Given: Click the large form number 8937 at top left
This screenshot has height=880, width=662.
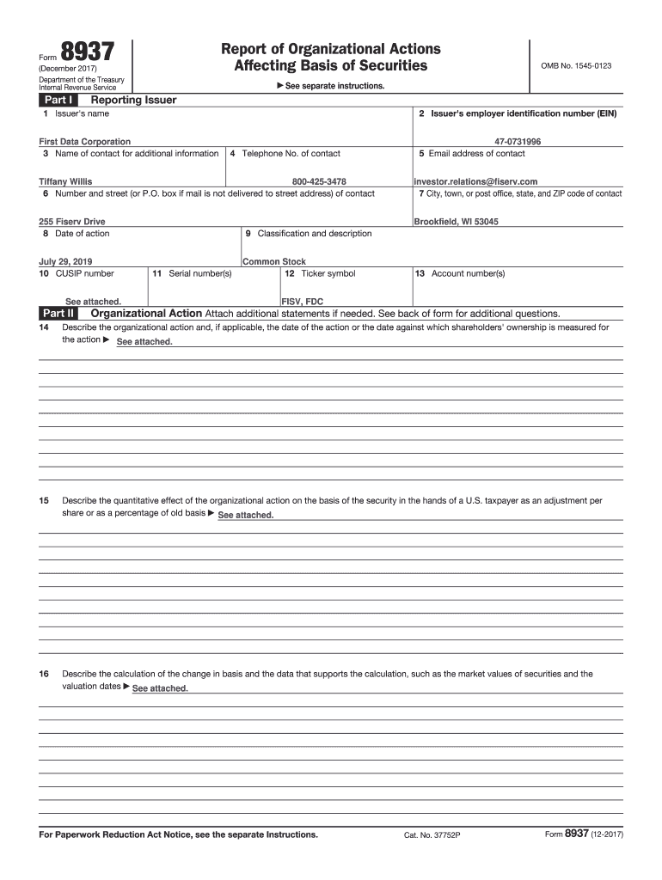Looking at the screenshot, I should click(85, 53).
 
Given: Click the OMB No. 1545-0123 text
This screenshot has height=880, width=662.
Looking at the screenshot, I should click(575, 66).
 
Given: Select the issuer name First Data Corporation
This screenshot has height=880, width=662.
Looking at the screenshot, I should click(85, 142).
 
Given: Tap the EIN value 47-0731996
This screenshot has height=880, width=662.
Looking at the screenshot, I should click(518, 142).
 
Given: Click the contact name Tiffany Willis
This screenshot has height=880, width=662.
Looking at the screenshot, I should click(65, 182).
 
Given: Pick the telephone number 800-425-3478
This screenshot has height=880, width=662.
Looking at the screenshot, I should click(319, 182).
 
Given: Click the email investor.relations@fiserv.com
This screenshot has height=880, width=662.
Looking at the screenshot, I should click(475, 182).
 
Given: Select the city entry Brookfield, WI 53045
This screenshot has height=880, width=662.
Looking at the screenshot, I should click(456, 222).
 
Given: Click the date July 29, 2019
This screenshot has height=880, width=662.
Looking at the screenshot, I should click(64, 261).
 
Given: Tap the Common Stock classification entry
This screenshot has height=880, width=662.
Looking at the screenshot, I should click(274, 261).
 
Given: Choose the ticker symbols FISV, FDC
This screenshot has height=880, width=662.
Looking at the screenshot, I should click(303, 302).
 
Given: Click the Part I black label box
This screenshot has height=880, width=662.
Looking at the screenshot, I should click(58, 101).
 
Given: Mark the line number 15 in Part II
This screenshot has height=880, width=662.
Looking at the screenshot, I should click(44, 500).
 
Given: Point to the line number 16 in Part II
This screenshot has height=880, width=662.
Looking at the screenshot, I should click(44, 674).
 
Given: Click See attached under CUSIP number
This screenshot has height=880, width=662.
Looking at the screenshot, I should click(93, 302).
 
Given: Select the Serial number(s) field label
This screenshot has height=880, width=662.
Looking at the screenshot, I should click(192, 273).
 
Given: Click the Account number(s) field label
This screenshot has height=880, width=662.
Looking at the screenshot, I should click(460, 273).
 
